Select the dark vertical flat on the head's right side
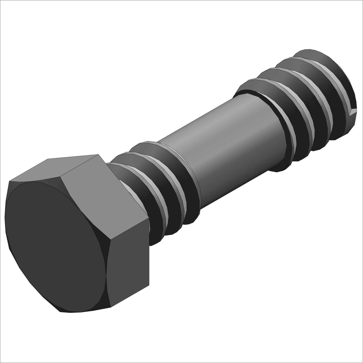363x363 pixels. coord(129,269)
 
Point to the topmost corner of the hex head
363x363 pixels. coord(99,155)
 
